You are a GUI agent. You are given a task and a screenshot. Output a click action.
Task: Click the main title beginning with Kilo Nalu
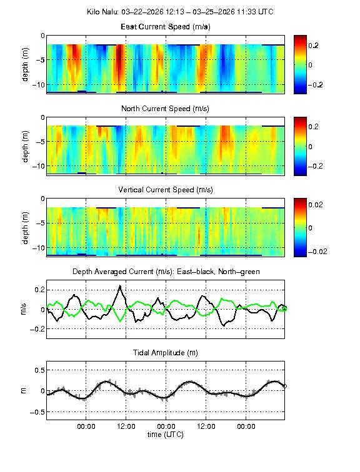180,12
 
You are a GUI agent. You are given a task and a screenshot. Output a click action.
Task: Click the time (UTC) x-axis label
166,434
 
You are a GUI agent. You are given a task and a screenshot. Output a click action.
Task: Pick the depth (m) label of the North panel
26,146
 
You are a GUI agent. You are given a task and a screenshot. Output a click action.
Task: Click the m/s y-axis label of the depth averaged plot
26,309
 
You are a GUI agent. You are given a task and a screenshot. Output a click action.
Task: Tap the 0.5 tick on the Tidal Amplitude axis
37,370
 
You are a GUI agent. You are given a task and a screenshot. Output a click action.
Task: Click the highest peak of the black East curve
119,287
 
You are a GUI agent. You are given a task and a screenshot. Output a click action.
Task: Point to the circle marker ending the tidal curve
285,386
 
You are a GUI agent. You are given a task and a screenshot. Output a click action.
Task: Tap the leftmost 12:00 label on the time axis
126,426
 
